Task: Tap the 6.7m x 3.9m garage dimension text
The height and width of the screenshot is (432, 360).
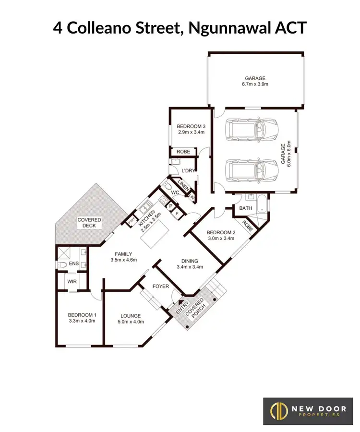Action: [255, 84]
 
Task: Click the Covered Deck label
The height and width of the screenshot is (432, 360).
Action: [89, 223]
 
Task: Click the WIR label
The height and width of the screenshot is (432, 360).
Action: [72, 281]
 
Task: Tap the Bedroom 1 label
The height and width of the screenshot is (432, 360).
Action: [83, 315]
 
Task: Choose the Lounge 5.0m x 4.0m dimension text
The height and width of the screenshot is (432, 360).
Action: [131, 322]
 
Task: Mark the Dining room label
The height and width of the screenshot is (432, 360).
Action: [191, 261]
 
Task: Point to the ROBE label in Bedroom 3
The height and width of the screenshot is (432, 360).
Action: [183, 151]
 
